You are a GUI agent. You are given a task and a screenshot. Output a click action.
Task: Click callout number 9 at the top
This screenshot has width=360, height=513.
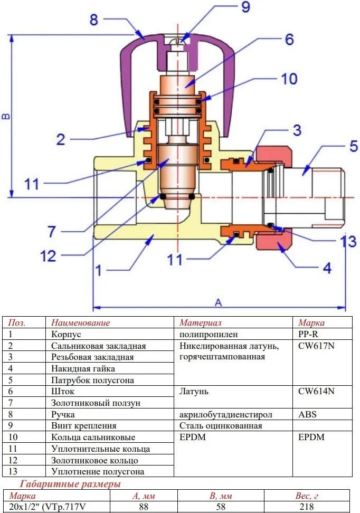(245, 7)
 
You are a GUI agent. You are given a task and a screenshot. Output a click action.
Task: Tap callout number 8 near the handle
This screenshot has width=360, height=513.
(93, 20)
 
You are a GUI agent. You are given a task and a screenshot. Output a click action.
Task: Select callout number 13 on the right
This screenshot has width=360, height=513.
(348, 241)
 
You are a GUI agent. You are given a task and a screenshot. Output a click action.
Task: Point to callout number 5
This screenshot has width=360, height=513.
(354, 146)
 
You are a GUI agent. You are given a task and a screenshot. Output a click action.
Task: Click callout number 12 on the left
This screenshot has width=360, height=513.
(48, 256)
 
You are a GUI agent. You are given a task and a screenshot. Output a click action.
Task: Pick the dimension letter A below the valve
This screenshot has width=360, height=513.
(219, 302)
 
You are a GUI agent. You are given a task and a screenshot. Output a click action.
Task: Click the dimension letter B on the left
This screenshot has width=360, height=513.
(6, 116)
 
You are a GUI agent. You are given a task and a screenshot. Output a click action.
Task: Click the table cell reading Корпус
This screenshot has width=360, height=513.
(66, 335)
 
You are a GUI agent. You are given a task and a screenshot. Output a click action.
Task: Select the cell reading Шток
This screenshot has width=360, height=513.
(62, 391)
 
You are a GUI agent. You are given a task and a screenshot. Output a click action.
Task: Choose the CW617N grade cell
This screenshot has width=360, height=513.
(316, 346)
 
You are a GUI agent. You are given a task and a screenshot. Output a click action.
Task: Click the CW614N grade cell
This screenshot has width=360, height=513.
(316, 391)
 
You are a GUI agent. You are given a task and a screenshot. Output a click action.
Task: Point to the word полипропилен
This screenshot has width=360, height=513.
(209, 335)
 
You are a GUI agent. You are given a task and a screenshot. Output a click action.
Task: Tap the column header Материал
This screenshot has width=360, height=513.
(200, 323)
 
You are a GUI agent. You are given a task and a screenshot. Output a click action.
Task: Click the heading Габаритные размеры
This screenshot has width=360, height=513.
(70, 484)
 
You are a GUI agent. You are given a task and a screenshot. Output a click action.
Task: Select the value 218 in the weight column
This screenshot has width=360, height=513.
(307, 507)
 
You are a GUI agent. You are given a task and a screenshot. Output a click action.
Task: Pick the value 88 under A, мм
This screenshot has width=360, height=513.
(144, 507)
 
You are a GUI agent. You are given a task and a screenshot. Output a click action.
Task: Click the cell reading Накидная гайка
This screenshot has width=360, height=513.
(83, 369)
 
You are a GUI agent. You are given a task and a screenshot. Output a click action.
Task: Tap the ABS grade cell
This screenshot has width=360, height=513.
(307, 414)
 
